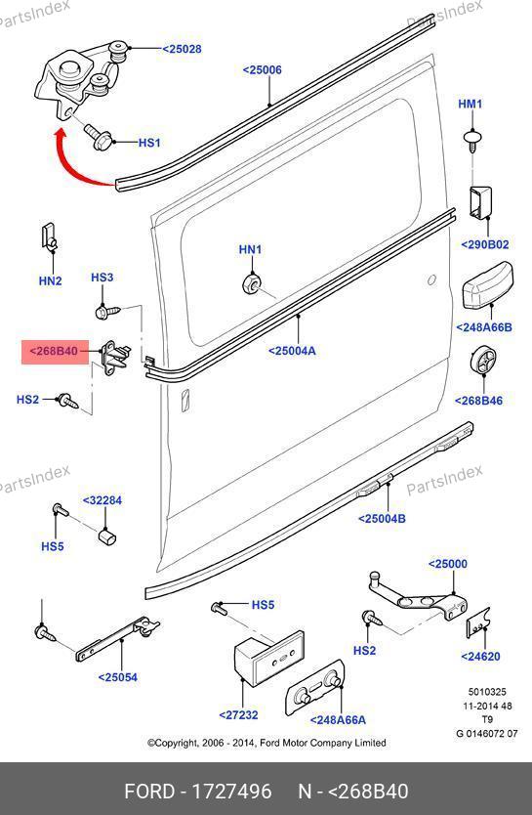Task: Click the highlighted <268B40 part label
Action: point(55,352)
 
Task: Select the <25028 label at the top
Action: point(182,49)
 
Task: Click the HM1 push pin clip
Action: point(472,141)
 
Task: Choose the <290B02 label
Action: point(485,244)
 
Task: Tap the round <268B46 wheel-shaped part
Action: point(482,358)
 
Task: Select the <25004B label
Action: point(382,518)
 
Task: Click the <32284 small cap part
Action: point(107,536)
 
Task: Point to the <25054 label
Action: point(118,677)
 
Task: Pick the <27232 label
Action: point(238,714)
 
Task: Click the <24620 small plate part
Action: point(478,622)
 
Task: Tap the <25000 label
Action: point(447,564)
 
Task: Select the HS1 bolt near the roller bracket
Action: point(100,136)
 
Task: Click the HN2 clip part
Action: point(49,237)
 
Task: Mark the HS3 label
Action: point(102,278)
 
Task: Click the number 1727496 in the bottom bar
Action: point(231,792)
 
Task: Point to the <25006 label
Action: point(263,69)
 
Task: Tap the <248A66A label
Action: point(338,720)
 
